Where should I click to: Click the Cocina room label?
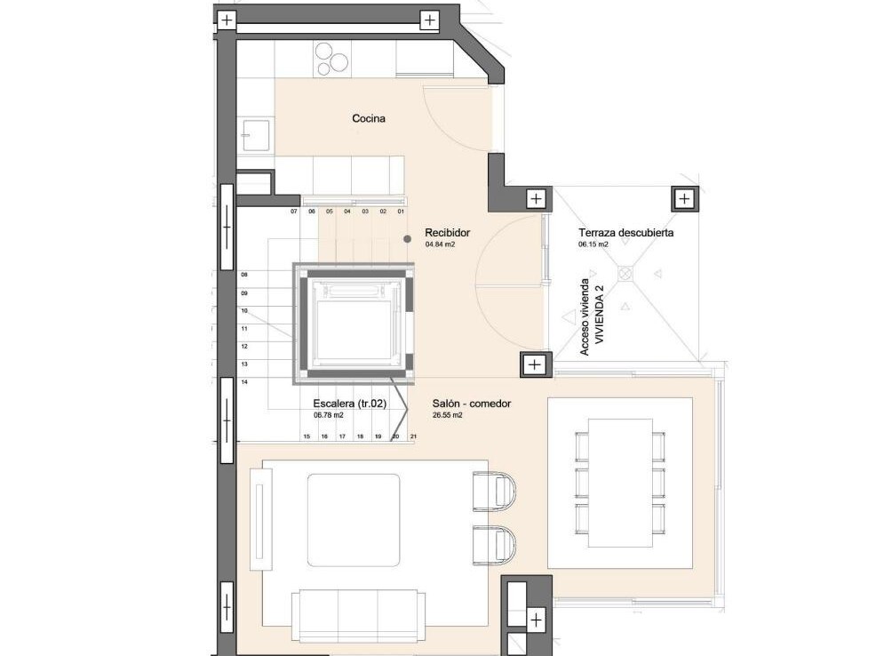[369, 118]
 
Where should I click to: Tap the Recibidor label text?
[447, 232]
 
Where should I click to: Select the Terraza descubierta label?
[625, 232]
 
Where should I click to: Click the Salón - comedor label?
[471, 404]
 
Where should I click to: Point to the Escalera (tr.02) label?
[349, 404]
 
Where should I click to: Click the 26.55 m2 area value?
[448, 415]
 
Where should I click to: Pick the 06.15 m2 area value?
[593, 244]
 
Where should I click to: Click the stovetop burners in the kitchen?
[331, 60]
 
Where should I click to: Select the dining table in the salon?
[620, 483]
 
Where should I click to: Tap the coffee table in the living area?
[354, 520]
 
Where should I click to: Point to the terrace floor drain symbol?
[625, 274]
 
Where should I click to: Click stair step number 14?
[244, 382]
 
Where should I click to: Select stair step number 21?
[413, 436]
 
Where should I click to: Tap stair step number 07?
[294, 212]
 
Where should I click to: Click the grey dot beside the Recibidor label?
[407, 239]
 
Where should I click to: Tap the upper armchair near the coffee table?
[494, 491]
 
